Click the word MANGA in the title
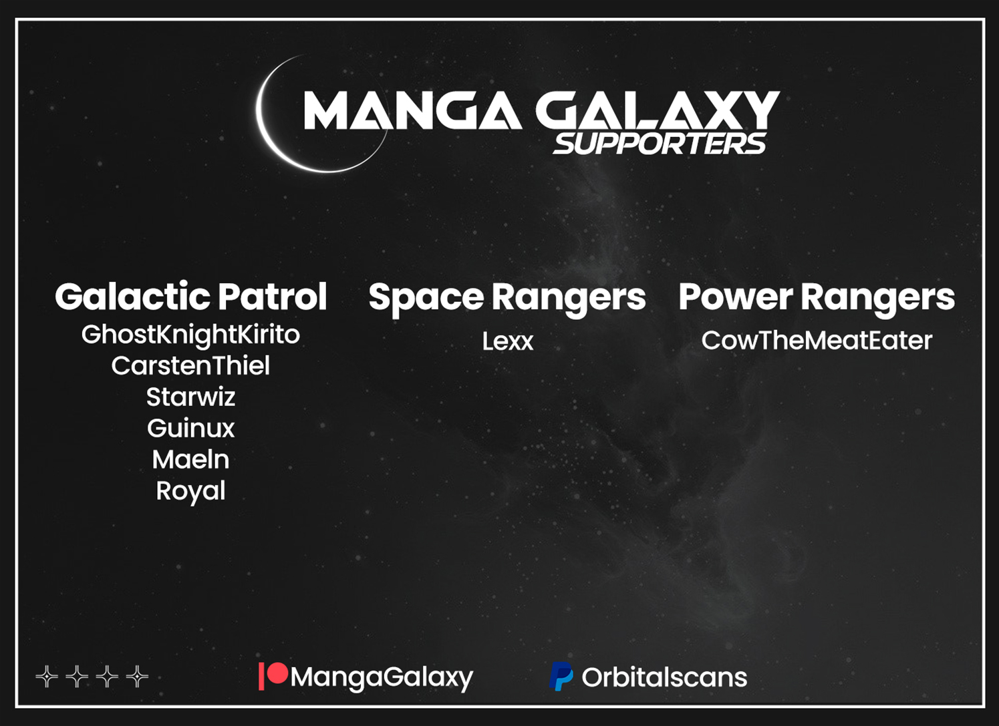(x=412, y=110)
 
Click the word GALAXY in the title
(x=658, y=110)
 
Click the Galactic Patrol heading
(x=191, y=296)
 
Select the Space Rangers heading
(x=507, y=298)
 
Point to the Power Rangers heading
(x=817, y=298)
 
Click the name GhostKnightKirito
(x=190, y=335)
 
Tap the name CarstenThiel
(x=190, y=366)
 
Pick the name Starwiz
(x=190, y=397)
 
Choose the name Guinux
(x=190, y=428)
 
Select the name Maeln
(x=190, y=460)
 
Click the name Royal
(x=190, y=492)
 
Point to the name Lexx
(x=508, y=342)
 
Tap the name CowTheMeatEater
(x=817, y=341)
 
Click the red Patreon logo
(x=273, y=676)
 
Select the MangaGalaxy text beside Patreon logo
(x=382, y=678)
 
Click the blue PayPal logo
(x=561, y=676)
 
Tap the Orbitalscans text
(x=664, y=677)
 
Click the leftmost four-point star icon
(x=47, y=677)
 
